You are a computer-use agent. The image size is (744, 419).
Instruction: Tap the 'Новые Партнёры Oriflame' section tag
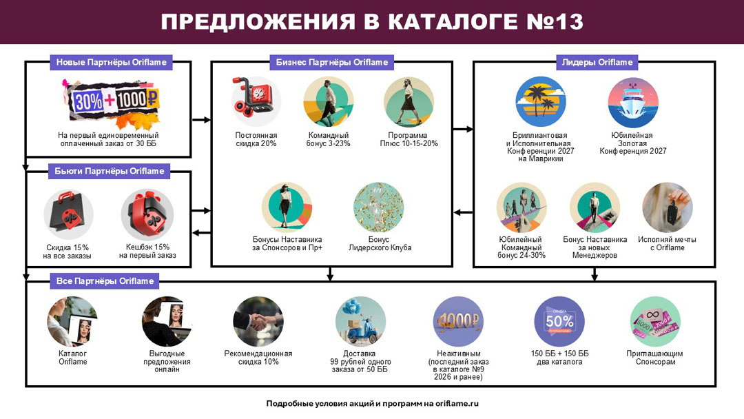(111, 62)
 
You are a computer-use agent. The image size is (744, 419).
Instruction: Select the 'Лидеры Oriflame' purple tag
(597, 62)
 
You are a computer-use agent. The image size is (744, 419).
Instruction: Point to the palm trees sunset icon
(541, 102)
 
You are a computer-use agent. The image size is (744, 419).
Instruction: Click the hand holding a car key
(667, 208)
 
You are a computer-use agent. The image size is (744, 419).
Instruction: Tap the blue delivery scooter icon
(360, 322)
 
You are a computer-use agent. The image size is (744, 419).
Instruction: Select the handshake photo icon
(258, 322)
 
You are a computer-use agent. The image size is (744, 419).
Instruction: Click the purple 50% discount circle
(559, 322)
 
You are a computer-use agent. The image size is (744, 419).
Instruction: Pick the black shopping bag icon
(68, 215)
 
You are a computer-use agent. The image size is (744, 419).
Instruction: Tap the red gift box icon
(147, 214)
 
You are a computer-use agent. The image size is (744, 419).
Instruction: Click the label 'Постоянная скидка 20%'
(256, 139)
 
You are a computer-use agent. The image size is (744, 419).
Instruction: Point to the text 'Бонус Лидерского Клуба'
(380, 243)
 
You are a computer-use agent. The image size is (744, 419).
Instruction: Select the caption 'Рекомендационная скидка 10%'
(258, 357)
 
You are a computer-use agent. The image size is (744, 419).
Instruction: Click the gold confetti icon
(379, 208)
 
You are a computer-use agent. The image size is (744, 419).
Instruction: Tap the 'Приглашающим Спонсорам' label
(655, 357)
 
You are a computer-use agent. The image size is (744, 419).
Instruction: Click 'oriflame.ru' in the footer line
(457, 404)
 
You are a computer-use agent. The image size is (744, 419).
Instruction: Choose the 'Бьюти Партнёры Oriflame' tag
(109, 172)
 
